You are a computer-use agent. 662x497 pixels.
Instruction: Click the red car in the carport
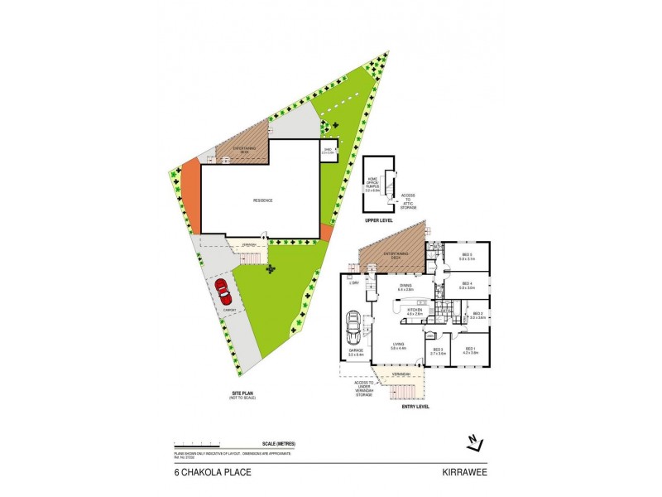(x=223, y=291)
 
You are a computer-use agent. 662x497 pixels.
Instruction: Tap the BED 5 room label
(x=466, y=254)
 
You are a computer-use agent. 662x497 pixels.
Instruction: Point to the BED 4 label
(x=466, y=284)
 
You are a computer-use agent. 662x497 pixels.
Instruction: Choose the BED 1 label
(x=470, y=349)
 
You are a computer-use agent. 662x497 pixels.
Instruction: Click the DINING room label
(x=405, y=286)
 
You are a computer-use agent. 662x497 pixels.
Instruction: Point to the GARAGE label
(x=356, y=351)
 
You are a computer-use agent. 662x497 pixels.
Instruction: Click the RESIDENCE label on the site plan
(x=263, y=200)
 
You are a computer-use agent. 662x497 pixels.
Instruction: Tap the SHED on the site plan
(x=328, y=152)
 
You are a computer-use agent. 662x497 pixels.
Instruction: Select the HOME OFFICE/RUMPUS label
(x=373, y=186)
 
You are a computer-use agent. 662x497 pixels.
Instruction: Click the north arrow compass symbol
(x=474, y=442)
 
